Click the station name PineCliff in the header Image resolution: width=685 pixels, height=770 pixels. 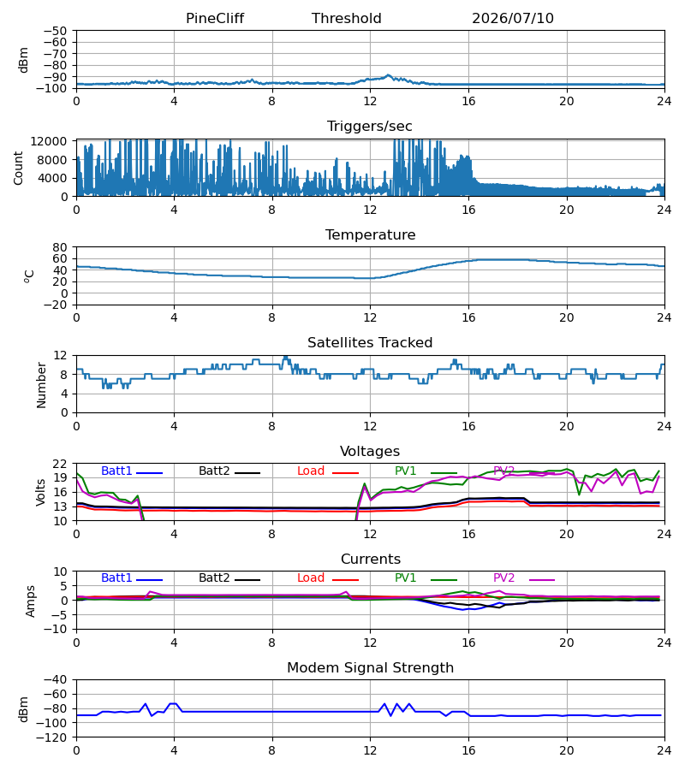coord(215,19)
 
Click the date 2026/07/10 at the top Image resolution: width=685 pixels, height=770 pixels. coord(513,19)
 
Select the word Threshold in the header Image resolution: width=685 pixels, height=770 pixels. coord(347,19)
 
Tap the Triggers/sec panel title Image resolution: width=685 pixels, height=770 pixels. coord(370,127)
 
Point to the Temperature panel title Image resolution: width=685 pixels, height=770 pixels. coord(370,234)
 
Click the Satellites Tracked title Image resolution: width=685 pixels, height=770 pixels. coord(370,343)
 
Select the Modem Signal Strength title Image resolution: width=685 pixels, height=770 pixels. coord(370,668)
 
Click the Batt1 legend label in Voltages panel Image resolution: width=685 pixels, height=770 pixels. coord(116,471)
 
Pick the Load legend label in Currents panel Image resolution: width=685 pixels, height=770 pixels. coord(311,578)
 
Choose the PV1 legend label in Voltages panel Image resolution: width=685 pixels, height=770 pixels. coord(405,471)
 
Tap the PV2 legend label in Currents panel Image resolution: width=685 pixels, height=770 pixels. coord(503,578)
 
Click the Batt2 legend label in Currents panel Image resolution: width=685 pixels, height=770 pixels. coord(214,578)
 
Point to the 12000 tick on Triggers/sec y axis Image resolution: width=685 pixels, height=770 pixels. coord(49,141)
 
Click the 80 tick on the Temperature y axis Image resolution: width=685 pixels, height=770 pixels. coord(60,247)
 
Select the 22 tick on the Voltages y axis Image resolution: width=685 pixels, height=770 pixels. coord(60,464)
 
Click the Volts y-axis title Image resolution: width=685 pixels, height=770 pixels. coord(40,492)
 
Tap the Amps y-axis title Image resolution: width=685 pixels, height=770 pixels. coord(30,601)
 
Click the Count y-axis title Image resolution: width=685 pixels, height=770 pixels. coord(18,168)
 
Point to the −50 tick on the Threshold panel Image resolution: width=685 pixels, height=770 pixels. coord(55,31)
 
